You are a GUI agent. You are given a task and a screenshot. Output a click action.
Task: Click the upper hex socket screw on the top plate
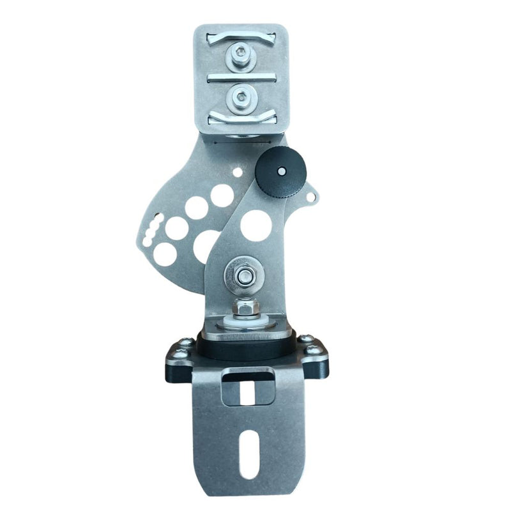241,56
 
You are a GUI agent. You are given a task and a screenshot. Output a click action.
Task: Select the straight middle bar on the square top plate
241,77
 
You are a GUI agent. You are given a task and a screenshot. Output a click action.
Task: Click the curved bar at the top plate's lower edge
241,118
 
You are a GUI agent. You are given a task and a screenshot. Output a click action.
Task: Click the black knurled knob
281,171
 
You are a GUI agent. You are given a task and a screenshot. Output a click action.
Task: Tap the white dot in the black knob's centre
281,171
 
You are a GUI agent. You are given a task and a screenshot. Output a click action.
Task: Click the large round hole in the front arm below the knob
256,225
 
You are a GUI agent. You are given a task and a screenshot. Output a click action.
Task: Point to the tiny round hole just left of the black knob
237,172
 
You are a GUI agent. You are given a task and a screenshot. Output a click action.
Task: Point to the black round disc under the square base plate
246,349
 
